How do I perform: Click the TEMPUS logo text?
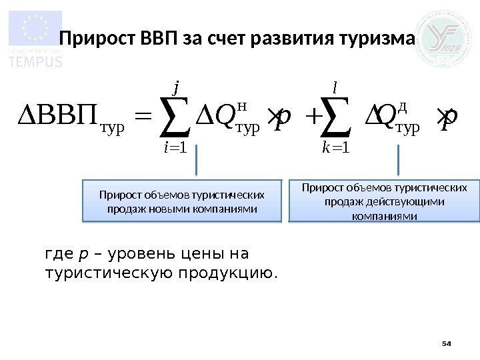coord(35,62)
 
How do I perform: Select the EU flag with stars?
coord(35,29)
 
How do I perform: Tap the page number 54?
coord(447,343)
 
